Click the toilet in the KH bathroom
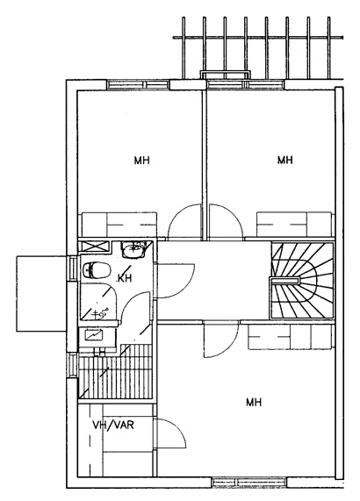(x=97, y=270)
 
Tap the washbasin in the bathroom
(x=133, y=250)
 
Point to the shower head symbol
(x=102, y=313)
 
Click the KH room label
(x=125, y=278)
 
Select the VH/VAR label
(x=113, y=425)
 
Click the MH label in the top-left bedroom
(x=141, y=160)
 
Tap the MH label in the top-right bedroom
(x=284, y=160)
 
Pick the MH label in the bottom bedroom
(x=254, y=402)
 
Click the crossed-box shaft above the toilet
(x=94, y=247)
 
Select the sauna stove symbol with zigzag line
(x=94, y=334)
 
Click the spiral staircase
(x=302, y=281)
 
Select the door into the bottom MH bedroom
(x=221, y=340)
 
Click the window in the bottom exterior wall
(x=249, y=482)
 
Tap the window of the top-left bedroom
(x=138, y=85)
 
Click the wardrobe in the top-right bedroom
(x=294, y=224)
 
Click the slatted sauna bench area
(x=115, y=377)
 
